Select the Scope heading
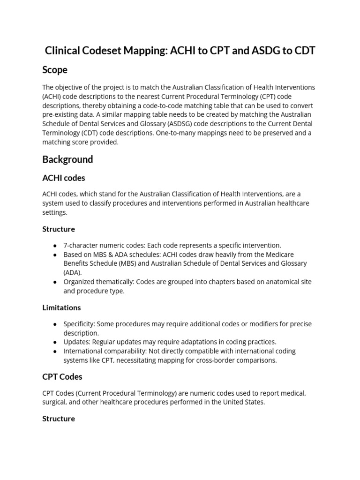[55, 70]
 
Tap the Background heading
[67, 159]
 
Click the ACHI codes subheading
[64, 178]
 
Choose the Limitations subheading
[61, 307]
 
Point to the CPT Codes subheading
[62, 376]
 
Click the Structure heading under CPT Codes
[59, 419]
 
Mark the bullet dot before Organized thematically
[55, 282]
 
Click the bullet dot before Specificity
[55, 324]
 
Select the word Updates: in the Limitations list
[77, 342]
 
